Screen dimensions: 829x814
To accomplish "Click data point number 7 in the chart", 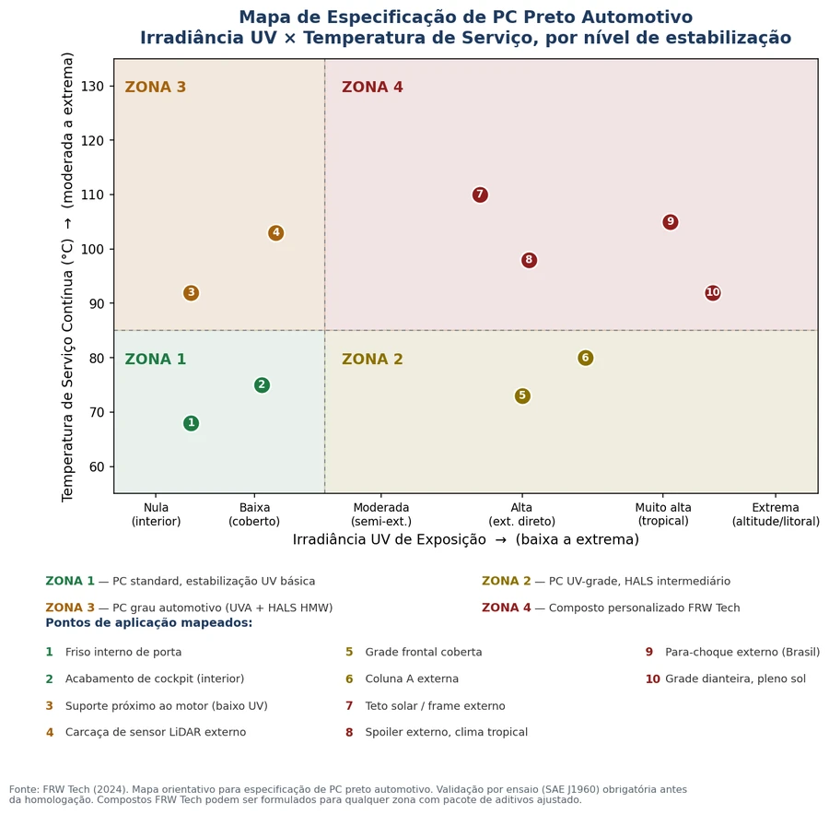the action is (480, 195).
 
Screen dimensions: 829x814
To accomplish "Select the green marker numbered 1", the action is (191, 423).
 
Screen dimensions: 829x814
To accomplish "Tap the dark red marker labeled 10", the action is (713, 292).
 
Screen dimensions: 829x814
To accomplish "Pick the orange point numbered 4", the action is (275, 233).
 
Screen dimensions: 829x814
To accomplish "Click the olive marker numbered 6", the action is (585, 358).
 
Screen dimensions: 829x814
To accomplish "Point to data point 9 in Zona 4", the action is (671, 222).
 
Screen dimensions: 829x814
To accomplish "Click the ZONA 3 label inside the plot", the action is (156, 87).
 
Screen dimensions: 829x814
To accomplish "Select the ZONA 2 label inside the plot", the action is (372, 359).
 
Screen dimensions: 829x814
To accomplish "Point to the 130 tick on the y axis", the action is (92, 86).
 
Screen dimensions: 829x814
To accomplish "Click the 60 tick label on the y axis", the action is (96, 466).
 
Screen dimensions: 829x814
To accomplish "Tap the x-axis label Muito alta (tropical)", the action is (663, 513).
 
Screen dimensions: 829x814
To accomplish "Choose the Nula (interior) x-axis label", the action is (156, 514).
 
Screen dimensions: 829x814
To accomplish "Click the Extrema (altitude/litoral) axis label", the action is (776, 514).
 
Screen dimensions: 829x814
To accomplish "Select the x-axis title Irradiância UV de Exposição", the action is (389, 539).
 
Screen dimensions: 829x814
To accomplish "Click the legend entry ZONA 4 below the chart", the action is (611, 608).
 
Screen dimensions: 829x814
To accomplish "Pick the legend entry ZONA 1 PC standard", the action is (181, 581).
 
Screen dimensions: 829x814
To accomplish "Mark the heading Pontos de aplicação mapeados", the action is (149, 622).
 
